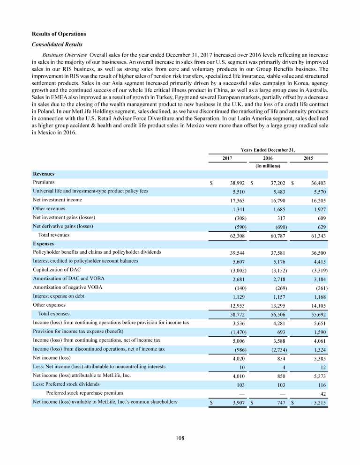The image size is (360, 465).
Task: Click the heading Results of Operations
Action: point(59,34)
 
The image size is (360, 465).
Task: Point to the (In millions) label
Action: point(268,166)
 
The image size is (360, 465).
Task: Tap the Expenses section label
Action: point(43,244)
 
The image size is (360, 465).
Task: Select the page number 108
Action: point(180,438)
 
